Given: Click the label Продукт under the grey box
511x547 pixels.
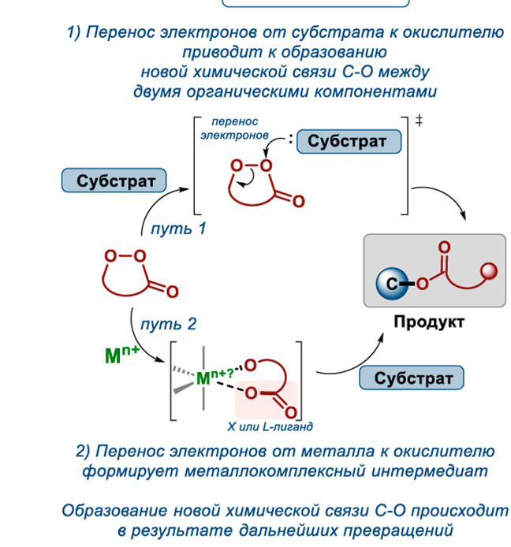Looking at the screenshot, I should tap(429, 322).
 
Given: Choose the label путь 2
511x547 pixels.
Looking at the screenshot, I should tap(168, 324).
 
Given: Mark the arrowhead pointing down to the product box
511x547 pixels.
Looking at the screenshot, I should tap(467, 218).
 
